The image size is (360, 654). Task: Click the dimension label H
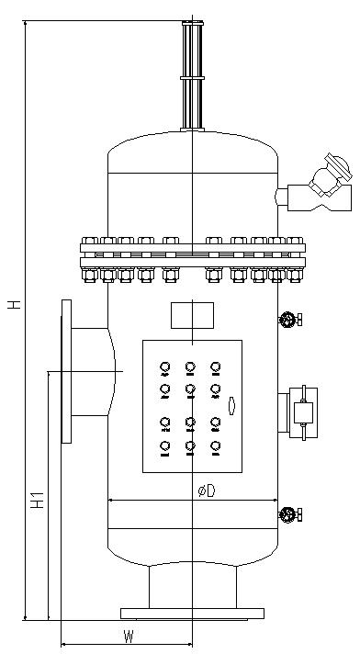15,304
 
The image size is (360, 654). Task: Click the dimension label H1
38,500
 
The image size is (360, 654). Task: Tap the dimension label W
129,637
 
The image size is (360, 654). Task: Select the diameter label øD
207,490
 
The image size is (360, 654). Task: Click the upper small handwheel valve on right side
290,320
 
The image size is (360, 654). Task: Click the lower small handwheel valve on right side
290,514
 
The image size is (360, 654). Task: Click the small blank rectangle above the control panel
192,315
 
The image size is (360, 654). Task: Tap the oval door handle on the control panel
232,406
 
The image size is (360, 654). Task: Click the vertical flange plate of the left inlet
66,371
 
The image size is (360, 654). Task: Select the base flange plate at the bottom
192,614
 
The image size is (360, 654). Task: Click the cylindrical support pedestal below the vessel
193,585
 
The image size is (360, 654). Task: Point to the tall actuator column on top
192,76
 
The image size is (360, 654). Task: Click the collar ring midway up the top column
192,78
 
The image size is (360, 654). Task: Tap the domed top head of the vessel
193,152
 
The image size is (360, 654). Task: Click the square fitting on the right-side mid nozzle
303,413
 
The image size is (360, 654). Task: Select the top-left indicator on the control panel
165,368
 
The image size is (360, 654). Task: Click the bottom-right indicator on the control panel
215,448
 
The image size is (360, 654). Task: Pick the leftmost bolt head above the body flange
90,241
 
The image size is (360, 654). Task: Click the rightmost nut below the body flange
295,275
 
